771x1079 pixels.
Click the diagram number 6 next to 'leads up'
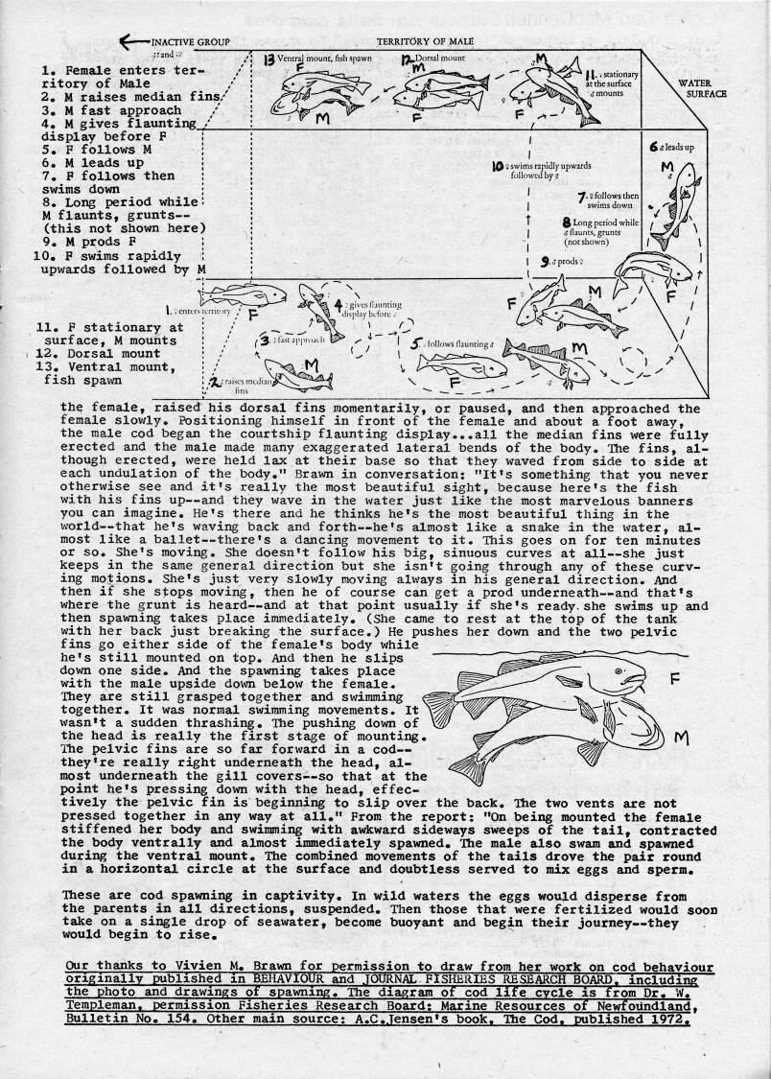pos(652,149)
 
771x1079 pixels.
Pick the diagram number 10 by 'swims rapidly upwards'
pos(498,166)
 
